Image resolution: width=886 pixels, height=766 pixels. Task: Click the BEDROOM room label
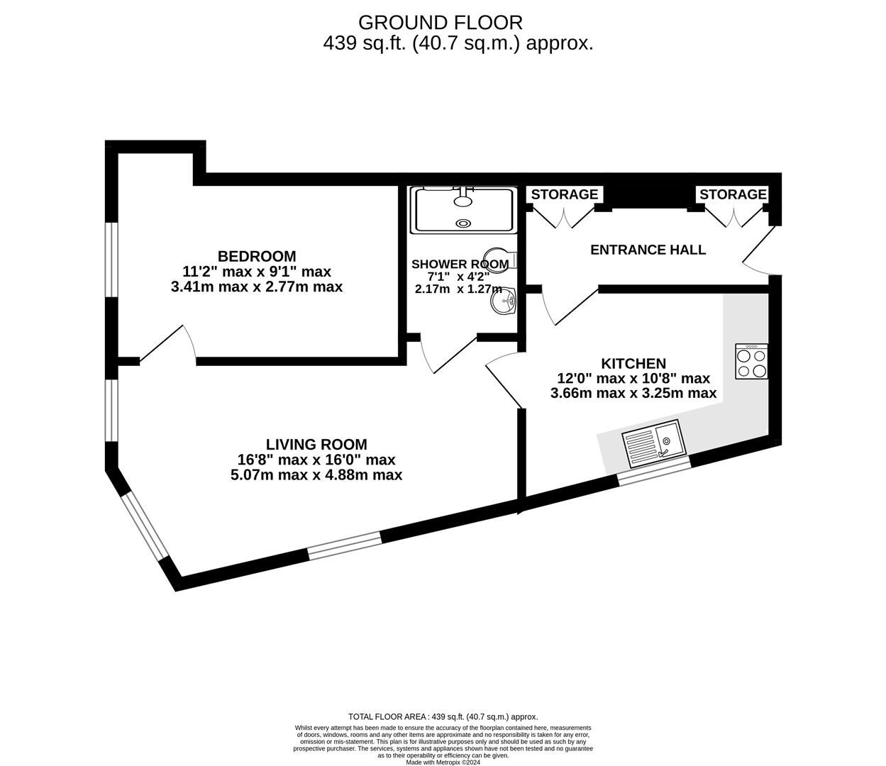(x=257, y=256)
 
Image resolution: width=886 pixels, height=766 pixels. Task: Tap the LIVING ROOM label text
(x=316, y=445)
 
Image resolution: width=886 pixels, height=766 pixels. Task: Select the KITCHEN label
(x=633, y=363)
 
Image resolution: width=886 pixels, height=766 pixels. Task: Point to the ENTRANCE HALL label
(x=648, y=250)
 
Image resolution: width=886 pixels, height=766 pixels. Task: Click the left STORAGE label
(x=565, y=194)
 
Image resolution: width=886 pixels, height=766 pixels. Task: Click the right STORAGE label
(x=733, y=194)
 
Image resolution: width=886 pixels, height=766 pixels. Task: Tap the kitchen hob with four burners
(x=751, y=362)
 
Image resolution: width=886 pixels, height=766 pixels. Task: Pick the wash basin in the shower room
(x=505, y=304)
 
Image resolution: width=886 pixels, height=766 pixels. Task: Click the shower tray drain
(x=463, y=223)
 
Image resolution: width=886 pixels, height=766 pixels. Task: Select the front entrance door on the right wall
(x=760, y=252)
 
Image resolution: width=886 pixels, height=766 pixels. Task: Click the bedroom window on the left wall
(x=111, y=259)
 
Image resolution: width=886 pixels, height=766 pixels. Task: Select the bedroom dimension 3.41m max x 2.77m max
(x=257, y=287)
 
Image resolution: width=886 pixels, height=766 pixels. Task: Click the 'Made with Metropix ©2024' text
(x=443, y=762)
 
